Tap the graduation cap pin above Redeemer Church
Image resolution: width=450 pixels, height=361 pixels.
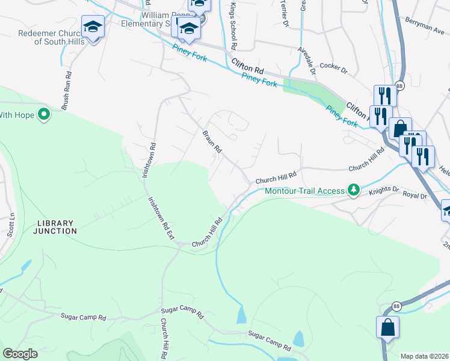pyautogui.click(x=93, y=28)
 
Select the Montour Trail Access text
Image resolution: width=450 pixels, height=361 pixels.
pyautogui.click(x=306, y=191)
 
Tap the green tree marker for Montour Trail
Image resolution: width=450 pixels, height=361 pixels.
pyautogui.click(x=354, y=191)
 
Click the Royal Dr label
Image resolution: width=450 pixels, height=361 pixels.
pyautogui.click(x=415, y=196)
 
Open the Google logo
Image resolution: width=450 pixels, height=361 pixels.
pyautogui.click(x=20, y=354)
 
